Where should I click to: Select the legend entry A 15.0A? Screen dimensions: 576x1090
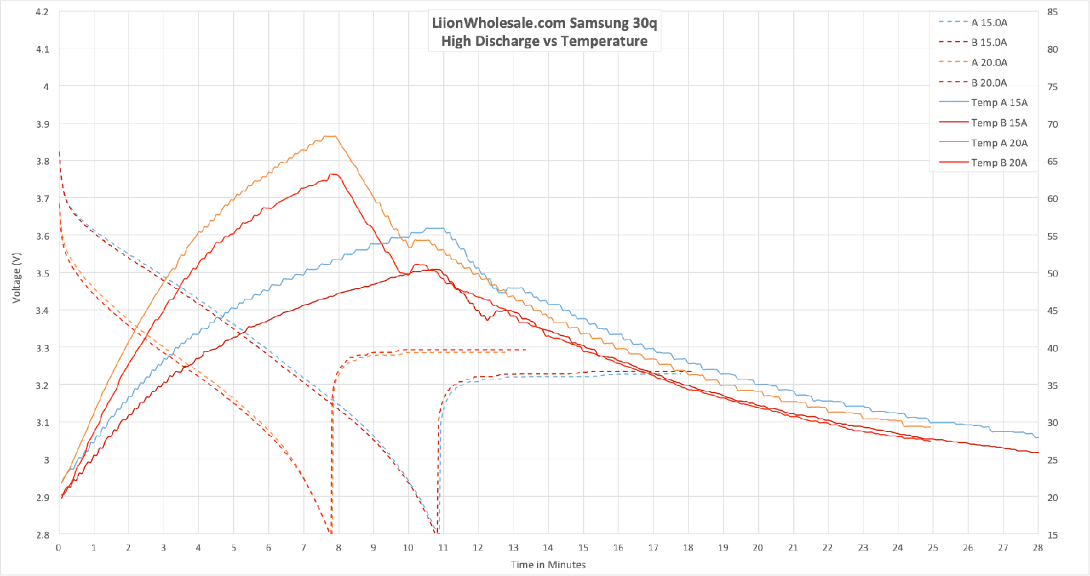click(x=989, y=22)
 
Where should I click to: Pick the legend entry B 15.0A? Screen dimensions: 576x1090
click(x=989, y=42)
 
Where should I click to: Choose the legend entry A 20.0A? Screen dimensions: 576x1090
click(x=989, y=62)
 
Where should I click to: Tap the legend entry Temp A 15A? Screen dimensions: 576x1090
click(x=999, y=102)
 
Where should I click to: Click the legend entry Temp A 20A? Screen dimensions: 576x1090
click(x=999, y=143)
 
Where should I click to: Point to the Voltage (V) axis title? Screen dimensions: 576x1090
click(x=16, y=278)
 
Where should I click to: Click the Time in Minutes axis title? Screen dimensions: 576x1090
click(x=548, y=565)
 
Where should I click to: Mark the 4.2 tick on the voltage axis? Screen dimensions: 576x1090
click(x=42, y=11)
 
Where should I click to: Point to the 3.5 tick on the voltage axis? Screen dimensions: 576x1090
click(x=42, y=273)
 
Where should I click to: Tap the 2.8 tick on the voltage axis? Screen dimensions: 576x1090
click(x=42, y=535)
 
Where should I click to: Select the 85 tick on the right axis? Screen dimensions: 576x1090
click(x=1052, y=11)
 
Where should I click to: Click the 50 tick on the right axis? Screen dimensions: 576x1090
click(x=1052, y=273)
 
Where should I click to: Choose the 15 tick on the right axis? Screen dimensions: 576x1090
click(x=1052, y=535)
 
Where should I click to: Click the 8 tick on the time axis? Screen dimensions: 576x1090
click(x=339, y=548)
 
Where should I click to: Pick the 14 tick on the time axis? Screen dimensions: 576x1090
click(x=548, y=548)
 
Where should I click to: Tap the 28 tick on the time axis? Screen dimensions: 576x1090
click(x=1038, y=548)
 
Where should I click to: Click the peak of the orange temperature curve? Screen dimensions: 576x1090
click(x=331, y=136)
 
